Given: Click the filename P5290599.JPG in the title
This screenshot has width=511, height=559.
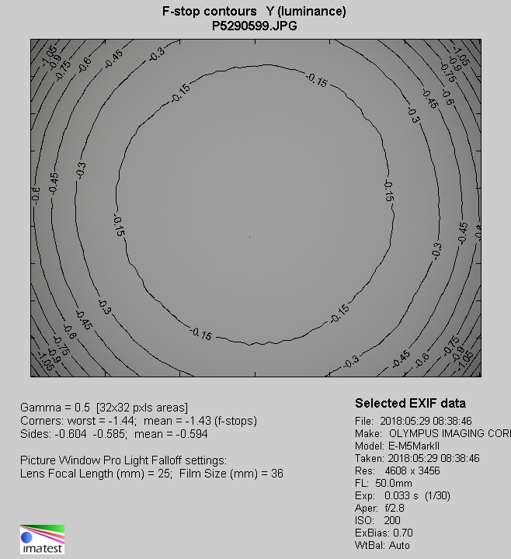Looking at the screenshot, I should click(255, 26).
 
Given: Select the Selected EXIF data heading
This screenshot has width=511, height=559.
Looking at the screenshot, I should click(410, 404).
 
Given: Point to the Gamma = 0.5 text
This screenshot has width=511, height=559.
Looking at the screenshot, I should click(57, 408).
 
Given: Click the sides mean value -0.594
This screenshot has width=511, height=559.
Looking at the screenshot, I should click(189, 434).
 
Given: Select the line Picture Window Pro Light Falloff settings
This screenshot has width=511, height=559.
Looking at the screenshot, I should click(123, 460).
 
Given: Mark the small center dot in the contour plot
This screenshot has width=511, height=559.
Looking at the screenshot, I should click(249, 237).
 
